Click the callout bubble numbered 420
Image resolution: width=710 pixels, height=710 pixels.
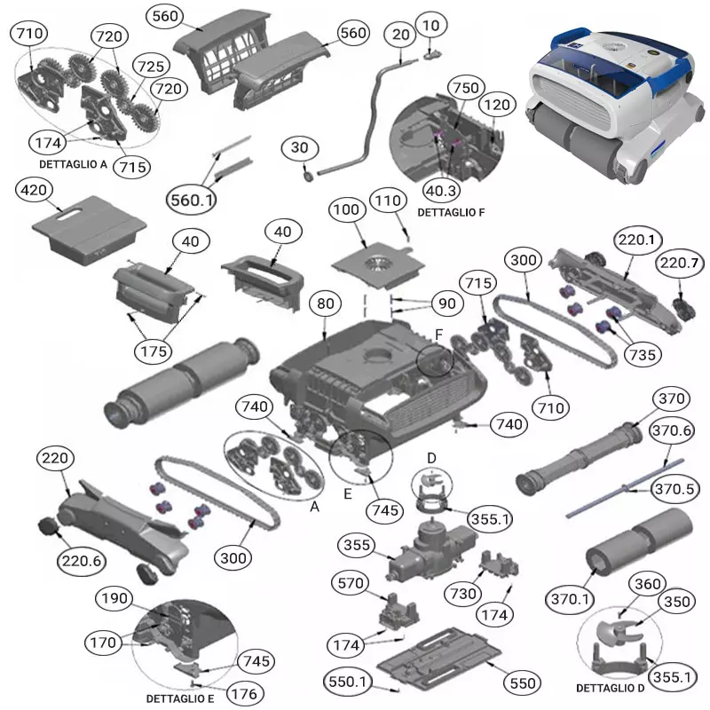pyautogui.click(x=34, y=190)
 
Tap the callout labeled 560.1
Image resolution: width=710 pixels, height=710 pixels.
pyautogui.click(x=191, y=200)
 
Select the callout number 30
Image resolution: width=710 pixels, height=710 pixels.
pyautogui.click(x=299, y=147)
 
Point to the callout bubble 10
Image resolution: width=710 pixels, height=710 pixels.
pyautogui.click(x=430, y=26)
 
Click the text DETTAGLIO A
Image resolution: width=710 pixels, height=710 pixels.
pyautogui.click(x=73, y=164)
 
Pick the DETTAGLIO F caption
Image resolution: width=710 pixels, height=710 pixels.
pyautogui.click(x=451, y=212)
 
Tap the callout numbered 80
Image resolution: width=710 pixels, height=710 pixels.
pyautogui.click(x=326, y=304)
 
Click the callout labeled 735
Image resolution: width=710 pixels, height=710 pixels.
pyautogui.click(x=643, y=354)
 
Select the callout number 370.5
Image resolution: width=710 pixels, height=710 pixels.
pyautogui.click(x=674, y=489)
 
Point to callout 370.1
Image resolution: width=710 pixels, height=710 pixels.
pyautogui.click(x=570, y=599)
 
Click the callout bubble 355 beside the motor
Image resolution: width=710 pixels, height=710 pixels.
pyautogui.click(x=357, y=545)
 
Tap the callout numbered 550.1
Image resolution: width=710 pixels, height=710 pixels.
pyautogui.click(x=347, y=682)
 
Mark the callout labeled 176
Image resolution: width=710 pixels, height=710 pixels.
pyautogui.click(x=244, y=693)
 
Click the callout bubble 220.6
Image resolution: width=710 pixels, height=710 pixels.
pyautogui.click(x=82, y=562)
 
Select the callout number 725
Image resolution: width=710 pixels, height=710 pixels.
pyautogui.click(x=151, y=66)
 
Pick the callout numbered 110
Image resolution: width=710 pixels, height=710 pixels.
pyautogui.click(x=388, y=201)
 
